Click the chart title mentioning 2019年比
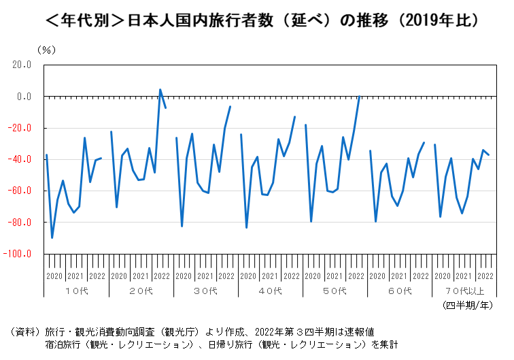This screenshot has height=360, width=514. click(257, 21)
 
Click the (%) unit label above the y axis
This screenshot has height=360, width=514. click(47, 50)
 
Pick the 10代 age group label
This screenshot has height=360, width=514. click(76, 291)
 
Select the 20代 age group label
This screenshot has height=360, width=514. click(141, 291)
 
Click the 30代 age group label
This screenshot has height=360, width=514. click(205, 291)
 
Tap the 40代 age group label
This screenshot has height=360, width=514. click(270, 291)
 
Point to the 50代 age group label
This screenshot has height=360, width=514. click(335, 291)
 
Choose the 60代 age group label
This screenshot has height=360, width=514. click(400, 291)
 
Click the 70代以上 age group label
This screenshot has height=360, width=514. click(464, 291)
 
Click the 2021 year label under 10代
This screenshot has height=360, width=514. click(76, 276)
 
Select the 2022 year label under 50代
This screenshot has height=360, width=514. click(356, 276)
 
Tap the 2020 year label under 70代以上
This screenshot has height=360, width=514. click(443, 276)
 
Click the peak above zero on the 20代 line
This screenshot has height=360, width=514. click(160, 89)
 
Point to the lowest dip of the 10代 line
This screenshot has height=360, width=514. click(52, 238)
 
